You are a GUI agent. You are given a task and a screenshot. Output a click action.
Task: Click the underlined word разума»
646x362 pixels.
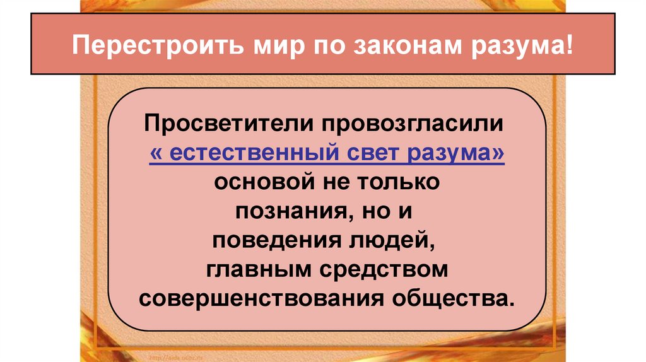(457, 152)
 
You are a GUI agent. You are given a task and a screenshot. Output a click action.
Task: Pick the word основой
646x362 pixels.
(262, 182)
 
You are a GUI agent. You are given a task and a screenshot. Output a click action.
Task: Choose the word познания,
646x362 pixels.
(289, 211)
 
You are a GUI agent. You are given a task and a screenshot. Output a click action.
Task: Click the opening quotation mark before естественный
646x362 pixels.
(155, 152)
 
